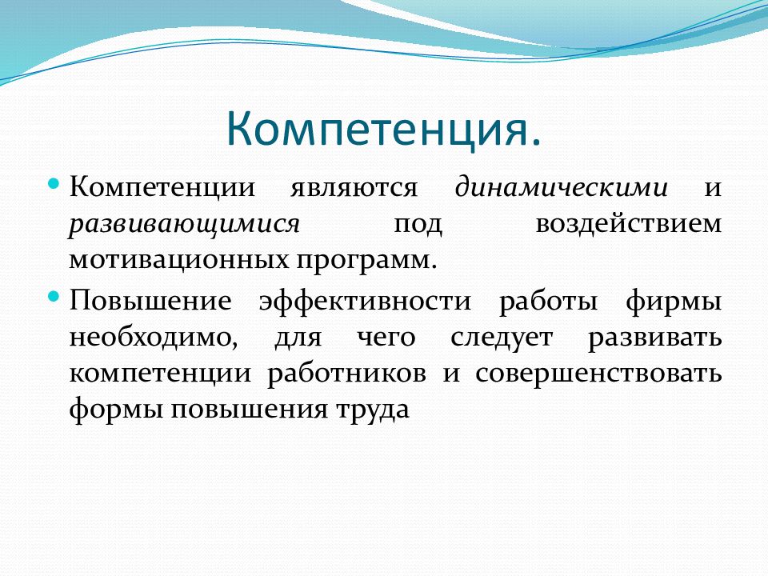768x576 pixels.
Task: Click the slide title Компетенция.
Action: click(x=383, y=128)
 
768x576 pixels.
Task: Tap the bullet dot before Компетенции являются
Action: click(x=54, y=185)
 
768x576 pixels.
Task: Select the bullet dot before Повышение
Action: click(x=54, y=297)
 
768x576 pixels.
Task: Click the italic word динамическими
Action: click(x=562, y=187)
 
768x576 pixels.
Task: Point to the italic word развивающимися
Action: click(x=184, y=225)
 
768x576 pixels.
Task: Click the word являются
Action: click(x=354, y=188)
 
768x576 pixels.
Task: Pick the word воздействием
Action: click(x=629, y=224)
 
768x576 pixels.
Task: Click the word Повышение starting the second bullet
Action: click(x=150, y=300)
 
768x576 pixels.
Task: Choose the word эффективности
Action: click(x=365, y=300)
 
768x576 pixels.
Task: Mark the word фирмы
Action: click(x=674, y=300)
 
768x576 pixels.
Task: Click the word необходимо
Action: click(x=154, y=337)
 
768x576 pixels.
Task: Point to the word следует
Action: click(x=501, y=338)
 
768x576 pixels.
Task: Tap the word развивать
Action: click(x=655, y=338)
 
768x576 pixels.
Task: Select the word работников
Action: click(x=346, y=374)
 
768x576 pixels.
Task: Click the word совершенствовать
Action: click(x=598, y=374)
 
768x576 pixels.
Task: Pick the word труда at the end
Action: click(x=372, y=410)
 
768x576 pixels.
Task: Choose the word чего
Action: click(x=386, y=338)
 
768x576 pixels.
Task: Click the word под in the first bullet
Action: click(x=418, y=225)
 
